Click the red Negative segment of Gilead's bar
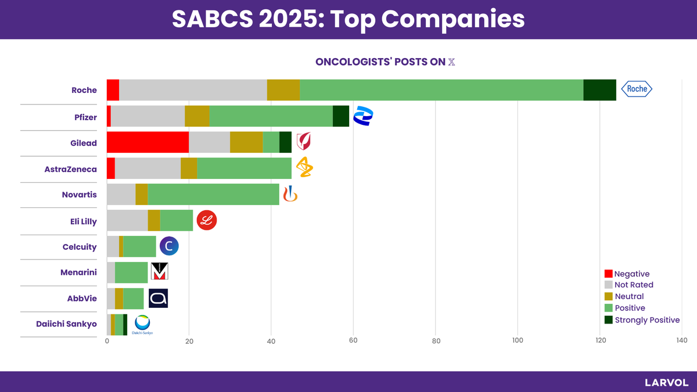(x=148, y=142)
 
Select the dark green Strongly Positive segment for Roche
(x=599, y=90)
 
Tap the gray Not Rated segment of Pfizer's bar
(x=148, y=116)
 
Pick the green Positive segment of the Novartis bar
(x=213, y=194)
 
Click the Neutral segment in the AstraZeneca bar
(x=189, y=168)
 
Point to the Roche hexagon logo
(x=637, y=89)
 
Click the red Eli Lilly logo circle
(x=207, y=220)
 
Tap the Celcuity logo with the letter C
(x=169, y=246)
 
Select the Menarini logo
(x=159, y=272)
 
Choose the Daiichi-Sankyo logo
(x=142, y=325)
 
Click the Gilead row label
(x=84, y=143)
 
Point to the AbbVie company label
(x=82, y=299)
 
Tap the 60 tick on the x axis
(x=353, y=341)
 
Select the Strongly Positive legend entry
(x=646, y=320)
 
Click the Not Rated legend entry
(x=634, y=285)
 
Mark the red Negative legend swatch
(x=609, y=274)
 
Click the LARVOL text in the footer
(x=666, y=383)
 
